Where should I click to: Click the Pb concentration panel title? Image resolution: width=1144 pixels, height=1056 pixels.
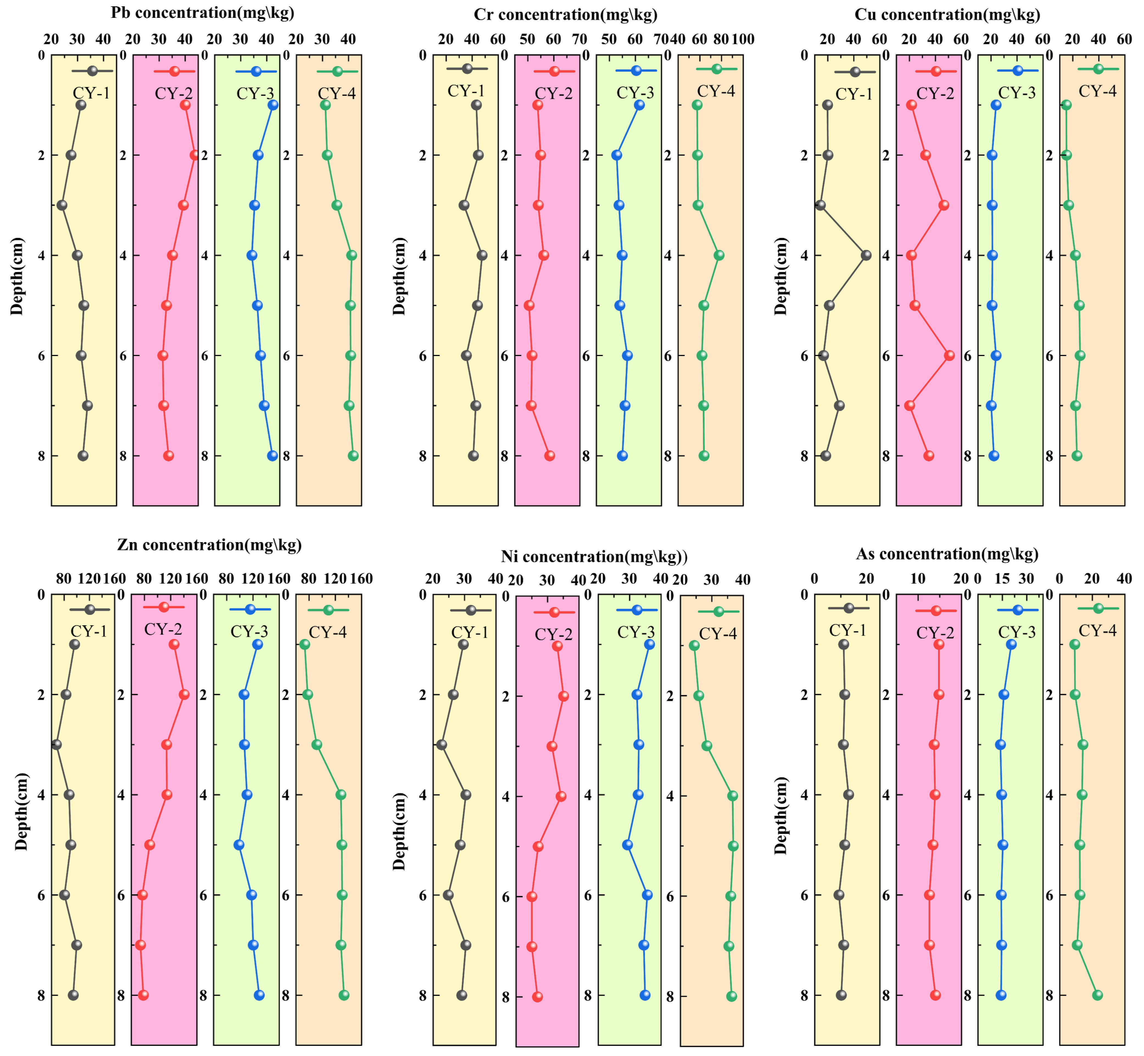[x=202, y=13]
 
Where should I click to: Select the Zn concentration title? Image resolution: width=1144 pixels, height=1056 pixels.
[x=209, y=545]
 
